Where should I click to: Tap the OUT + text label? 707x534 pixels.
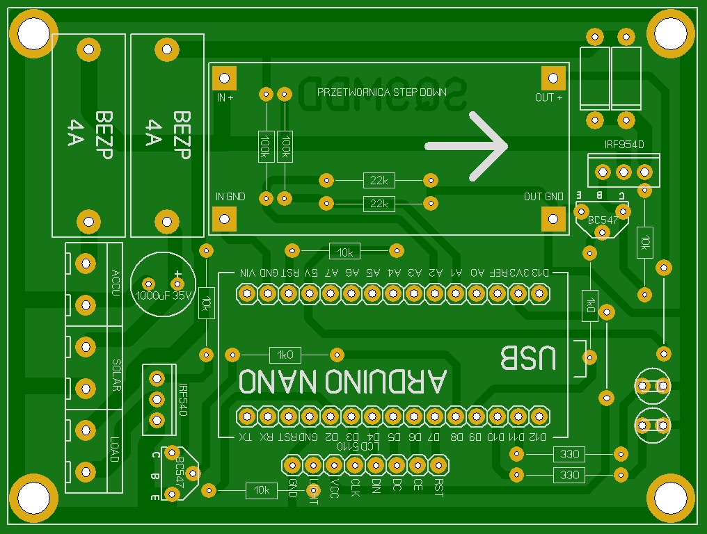(x=549, y=98)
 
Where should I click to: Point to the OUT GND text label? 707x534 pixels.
(x=543, y=197)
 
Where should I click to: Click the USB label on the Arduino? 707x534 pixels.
(x=529, y=358)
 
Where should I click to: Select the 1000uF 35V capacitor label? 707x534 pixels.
(x=164, y=296)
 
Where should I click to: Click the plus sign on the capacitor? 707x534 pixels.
(x=178, y=274)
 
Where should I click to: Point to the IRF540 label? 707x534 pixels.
(x=182, y=400)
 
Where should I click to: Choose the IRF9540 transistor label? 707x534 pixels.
(x=624, y=145)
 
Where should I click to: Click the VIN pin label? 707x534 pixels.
(x=249, y=273)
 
